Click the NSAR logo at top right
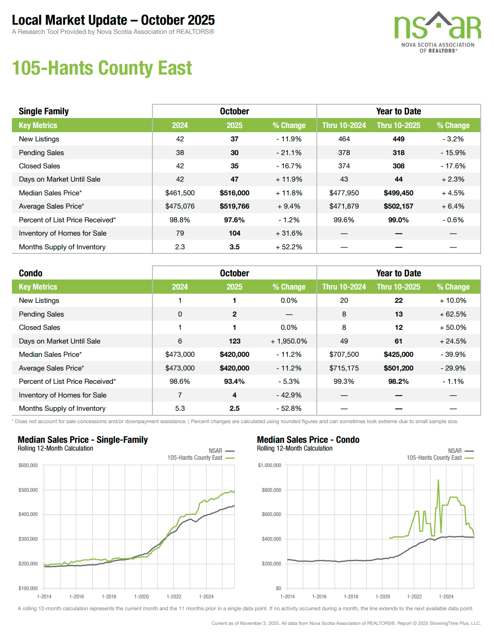click(437, 32)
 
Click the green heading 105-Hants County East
click(102, 68)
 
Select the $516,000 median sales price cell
click(234, 193)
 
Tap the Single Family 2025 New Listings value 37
click(234, 139)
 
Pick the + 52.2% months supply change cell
click(289, 247)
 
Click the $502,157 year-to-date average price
click(398, 206)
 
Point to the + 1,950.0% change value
click(289, 341)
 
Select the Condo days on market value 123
click(234, 341)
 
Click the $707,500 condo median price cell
click(344, 355)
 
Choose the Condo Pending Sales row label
click(41, 314)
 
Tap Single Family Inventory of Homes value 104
click(234, 233)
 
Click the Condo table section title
click(31, 273)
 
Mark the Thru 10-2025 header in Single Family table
click(398, 125)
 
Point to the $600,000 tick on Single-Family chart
click(28, 465)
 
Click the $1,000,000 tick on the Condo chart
click(269, 465)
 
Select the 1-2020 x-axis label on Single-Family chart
click(141, 596)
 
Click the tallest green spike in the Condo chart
click(438, 480)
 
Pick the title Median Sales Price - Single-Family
click(82, 440)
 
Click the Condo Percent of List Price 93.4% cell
click(234, 381)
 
